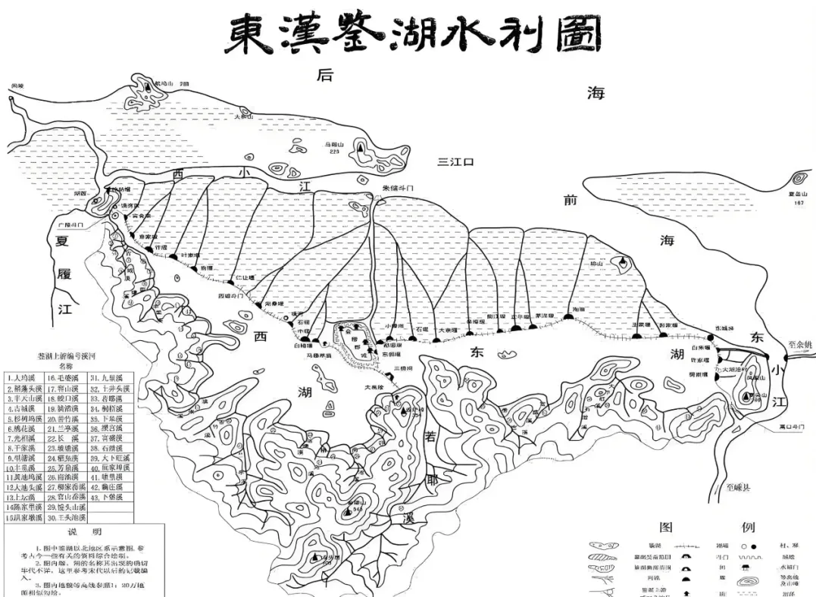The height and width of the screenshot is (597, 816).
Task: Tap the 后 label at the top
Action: click(325, 75)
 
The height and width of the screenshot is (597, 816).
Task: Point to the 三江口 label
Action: click(456, 161)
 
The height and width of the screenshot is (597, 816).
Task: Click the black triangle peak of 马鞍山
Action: click(361, 148)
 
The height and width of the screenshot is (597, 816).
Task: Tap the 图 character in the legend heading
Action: click(666, 527)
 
